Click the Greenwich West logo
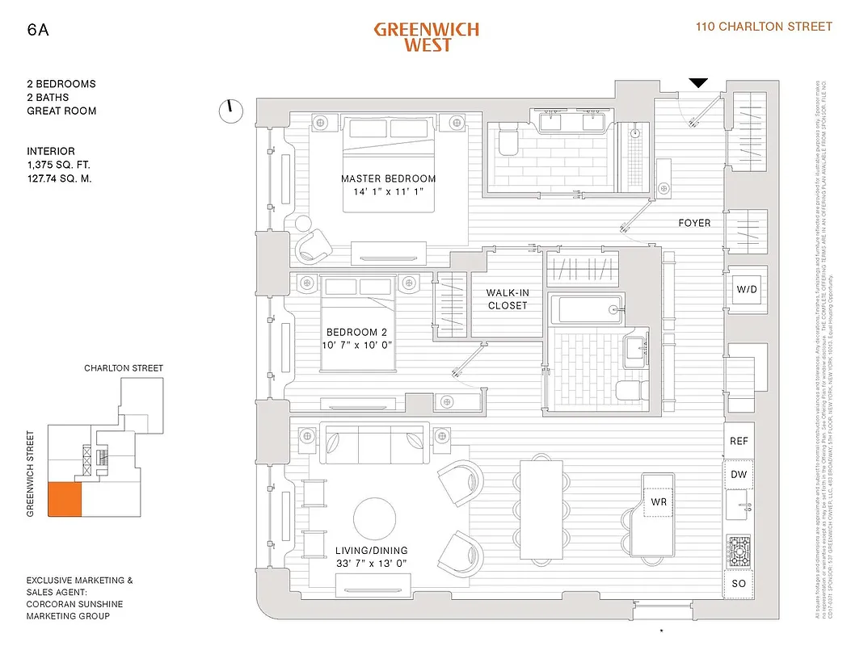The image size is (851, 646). pyautogui.click(x=426, y=36)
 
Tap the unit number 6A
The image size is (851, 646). pyautogui.click(x=37, y=30)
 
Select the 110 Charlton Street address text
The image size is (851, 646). pyautogui.click(x=764, y=27)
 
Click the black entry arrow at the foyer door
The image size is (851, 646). pyautogui.click(x=698, y=82)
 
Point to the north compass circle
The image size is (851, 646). pyautogui.click(x=231, y=111)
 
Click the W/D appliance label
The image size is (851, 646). pyautogui.click(x=746, y=289)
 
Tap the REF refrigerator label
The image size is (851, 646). pyautogui.click(x=739, y=441)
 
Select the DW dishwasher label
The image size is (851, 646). pyautogui.click(x=739, y=475)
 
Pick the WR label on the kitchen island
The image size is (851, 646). pyautogui.click(x=658, y=502)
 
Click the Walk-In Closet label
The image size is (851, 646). pyautogui.click(x=507, y=300)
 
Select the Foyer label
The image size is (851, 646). pyautogui.click(x=694, y=223)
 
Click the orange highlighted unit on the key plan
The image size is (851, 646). pyautogui.click(x=65, y=500)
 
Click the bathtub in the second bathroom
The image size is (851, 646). pyautogui.click(x=584, y=309)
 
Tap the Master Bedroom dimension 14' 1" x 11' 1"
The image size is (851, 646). pyautogui.click(x=388, y=192)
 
